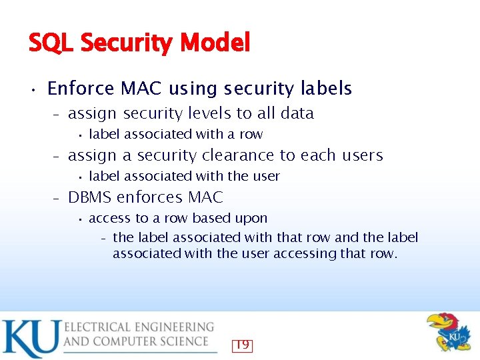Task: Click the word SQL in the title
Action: (x=51, y=43)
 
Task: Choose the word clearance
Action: (x=237, y=155)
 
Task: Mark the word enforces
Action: (x=152, y=197)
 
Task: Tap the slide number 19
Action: (x=242, y=345)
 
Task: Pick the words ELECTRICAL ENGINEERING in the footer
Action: (x=139, y=327)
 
